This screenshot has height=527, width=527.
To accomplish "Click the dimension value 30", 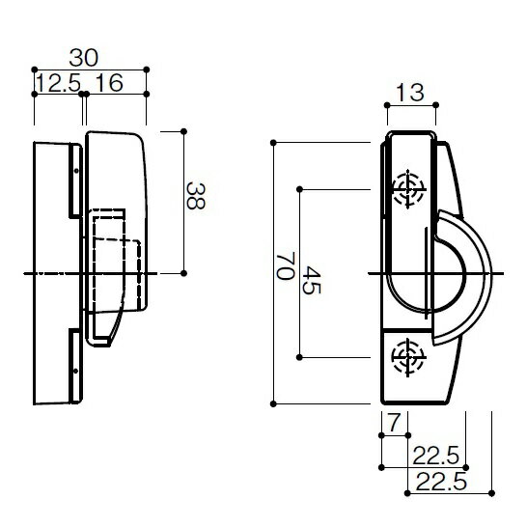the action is point(84,58).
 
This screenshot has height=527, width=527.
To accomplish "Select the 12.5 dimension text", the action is point(59,83).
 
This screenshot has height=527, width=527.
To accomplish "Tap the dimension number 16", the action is point(110,83).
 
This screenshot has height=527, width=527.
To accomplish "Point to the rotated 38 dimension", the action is point(196,196).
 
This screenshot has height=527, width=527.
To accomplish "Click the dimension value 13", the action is point(410,93).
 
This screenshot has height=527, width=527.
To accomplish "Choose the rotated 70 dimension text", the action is point(286,265).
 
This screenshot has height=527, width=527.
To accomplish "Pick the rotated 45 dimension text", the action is point(312,280).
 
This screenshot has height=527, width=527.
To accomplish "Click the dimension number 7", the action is point(395,423).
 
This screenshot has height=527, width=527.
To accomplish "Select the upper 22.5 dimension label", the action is point(435,456).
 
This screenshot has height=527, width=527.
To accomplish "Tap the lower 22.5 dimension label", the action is point(441,482).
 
